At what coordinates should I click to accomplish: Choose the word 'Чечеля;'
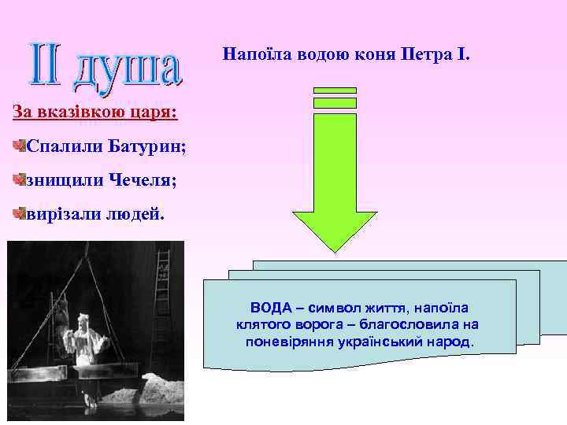click(143, 180)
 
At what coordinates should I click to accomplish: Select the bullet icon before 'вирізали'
click(19, 212)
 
